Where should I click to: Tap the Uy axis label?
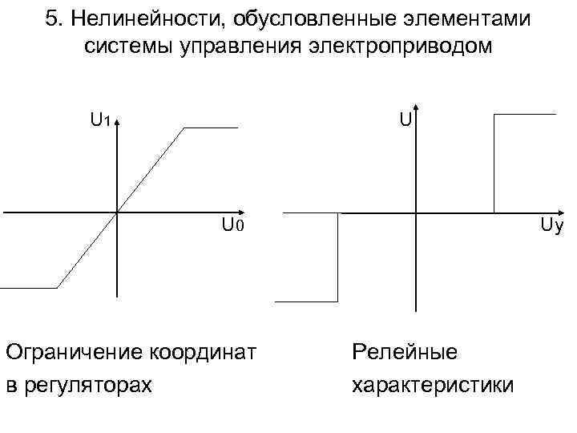pos(551,226)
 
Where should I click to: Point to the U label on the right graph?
pos(406,121)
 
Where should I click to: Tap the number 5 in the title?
pos(51,19)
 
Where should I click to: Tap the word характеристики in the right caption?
pos(433,385)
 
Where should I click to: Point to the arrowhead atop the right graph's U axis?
pos(416,110)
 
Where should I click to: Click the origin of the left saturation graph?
pos(117,212)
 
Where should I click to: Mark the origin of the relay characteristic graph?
pos(416,212)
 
